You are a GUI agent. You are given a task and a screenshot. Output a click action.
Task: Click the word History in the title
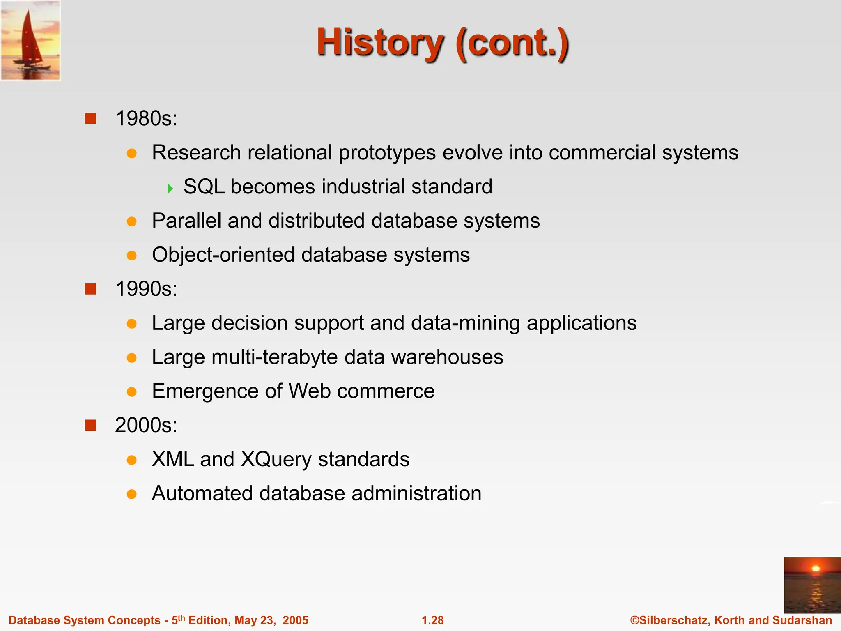click(380, 43)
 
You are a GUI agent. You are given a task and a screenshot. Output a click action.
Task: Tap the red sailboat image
click(30, 40)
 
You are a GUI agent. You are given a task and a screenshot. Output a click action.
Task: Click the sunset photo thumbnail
click(812, 585)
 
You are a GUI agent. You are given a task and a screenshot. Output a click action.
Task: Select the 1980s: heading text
click(146, 119)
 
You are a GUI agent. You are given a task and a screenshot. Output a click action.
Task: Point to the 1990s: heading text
click(146, 289)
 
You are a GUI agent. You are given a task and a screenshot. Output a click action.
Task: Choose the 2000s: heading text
click(146, 425)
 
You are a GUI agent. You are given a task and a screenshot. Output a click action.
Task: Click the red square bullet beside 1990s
click(90, 289)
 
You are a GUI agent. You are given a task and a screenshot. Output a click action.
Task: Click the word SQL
click(204, 187)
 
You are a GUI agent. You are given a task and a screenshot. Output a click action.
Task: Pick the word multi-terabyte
click(274, 357)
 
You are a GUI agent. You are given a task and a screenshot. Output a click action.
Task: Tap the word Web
click(310, 391)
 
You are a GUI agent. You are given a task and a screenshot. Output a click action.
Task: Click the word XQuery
click(276, 460)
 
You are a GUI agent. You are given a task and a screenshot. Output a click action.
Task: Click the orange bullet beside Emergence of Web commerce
click(131, 391)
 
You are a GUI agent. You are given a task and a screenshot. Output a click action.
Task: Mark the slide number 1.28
click(433, 620)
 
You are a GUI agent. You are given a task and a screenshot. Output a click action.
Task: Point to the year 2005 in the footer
click(295, 620)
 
